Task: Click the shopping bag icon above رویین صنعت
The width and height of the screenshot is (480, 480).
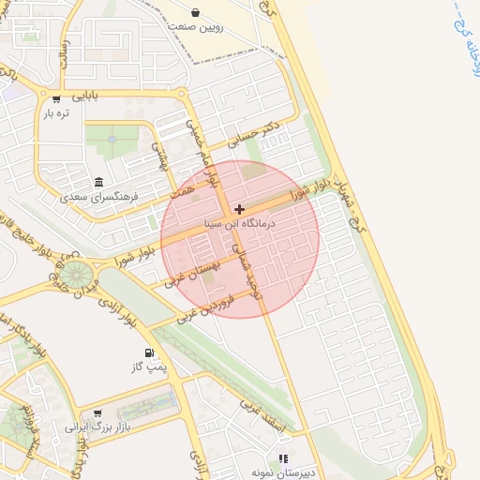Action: point(196,12)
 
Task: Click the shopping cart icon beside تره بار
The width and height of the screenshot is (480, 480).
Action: point(56,98)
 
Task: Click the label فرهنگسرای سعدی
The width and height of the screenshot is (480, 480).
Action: point(98,197)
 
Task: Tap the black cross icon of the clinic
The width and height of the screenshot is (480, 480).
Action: point(240,209)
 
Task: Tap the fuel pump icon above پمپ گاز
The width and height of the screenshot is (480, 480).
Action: point(148,353)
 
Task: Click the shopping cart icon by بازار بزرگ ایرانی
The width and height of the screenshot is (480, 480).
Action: point(97,412)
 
